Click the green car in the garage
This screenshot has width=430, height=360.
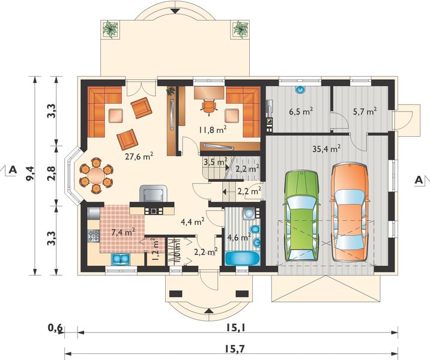[302, 215]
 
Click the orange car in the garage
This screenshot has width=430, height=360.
[348, 208]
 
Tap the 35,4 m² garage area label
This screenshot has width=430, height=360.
[327, 148]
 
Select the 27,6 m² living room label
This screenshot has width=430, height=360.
[138, 156]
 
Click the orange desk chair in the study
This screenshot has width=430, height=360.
[208, 106]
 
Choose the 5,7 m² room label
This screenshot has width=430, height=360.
[364, 111]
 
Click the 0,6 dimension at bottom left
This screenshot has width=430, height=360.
[55, 328]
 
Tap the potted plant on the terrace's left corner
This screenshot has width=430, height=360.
[111, 28]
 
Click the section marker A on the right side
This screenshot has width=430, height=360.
[419, 179]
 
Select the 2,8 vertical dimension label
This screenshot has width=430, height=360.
[52, 175]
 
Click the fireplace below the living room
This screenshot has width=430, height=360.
[152, 194]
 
